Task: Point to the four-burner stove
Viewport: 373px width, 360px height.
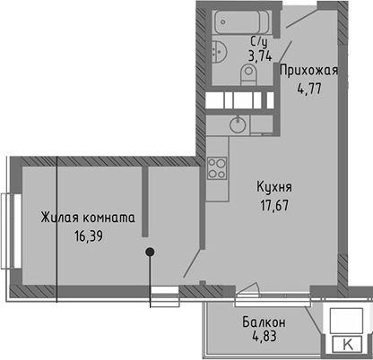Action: tap(217, 167)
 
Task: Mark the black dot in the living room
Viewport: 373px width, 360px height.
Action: tap(151, 252)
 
